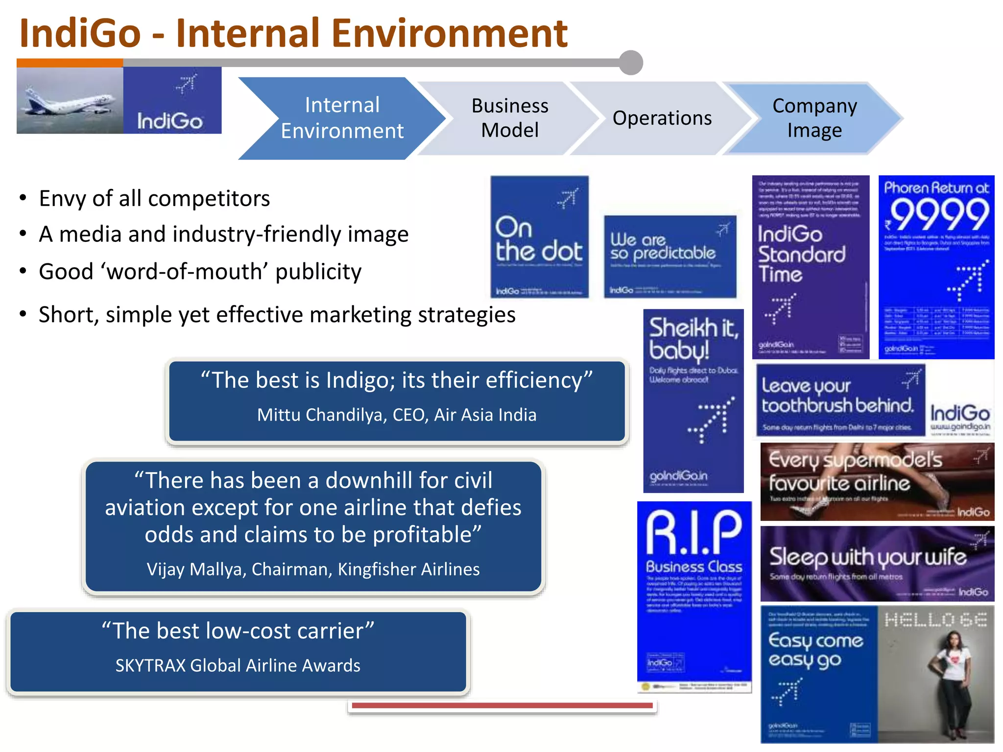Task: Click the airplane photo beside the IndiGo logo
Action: pyautogui.click(x=70, y=100)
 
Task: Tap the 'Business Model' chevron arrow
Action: pyautogui.click(x=509, y=118)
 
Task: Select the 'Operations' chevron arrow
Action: pyautogui.click(x=662, y=118)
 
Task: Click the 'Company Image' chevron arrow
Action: pyautogui.click(x=814, y=118)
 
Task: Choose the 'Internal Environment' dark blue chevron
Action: pyautogui.click(x=342, y=118)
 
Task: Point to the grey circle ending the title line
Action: pyautogui.click(x=631, y=63)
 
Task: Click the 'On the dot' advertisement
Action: pyautogui.click(x=539, y=237)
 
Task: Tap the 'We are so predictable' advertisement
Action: pyautogui.click(x=669, y=256)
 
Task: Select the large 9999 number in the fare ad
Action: pyautogui.click(x=938, y=215)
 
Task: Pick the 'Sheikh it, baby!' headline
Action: pyautogui.click(x=693, y=338)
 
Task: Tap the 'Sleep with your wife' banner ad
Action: pyautogui.click(x=877, y=564)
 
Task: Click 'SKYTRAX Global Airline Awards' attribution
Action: pyautogui.click(x=238, y=665)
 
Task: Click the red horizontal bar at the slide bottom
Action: pyautogui.click(x=502, y=705)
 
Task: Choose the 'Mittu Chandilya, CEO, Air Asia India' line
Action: pyautogui.click(x=397, y=415)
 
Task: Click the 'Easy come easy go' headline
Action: pyautogui.click(x=815, y=650)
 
